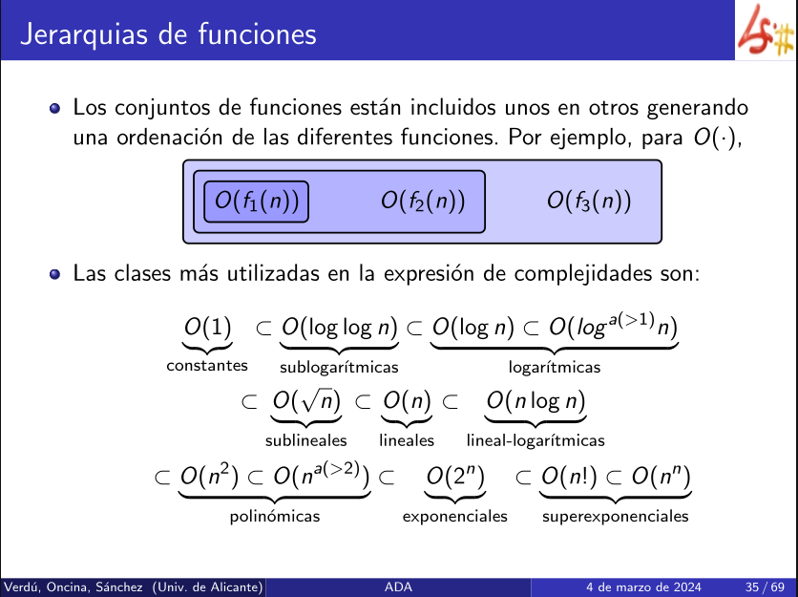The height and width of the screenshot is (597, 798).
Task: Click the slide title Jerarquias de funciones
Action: click(x=168, y=35)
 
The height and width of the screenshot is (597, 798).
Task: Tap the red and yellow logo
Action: click(x=766, y=31)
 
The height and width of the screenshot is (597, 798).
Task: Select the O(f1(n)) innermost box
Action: click(x=256, y=202)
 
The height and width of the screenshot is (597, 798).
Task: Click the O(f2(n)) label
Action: click(x=423, y=201)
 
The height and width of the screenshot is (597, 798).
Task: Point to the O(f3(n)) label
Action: click(x=589, y=201)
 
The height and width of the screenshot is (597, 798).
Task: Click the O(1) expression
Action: click(x=208, y=327)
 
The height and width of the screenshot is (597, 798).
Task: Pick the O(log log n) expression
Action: click(x=340, y=328)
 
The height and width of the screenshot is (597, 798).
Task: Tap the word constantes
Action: click(x=207, y=365)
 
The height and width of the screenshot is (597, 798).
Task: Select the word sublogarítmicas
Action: click(x=339, y=367)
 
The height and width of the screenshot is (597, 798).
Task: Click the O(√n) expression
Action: click(x=306, y=401)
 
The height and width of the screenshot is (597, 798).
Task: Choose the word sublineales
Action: click(x=305, y=440)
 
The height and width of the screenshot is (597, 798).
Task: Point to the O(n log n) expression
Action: click(x=535, y=401)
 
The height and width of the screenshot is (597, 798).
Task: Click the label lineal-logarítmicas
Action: click(x=535, y=440)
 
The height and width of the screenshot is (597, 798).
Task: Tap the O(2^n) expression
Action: click(x=455, y=477)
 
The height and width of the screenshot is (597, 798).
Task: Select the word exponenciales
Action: click(x=455, y=517)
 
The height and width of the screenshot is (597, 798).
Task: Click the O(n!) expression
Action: click(x=569, y=477)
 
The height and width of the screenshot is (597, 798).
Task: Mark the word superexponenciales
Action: click(x=616, y=517)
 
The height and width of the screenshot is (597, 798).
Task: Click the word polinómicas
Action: click(x=275, y=517)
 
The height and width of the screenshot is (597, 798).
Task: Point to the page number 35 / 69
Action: click(x=764, y=587)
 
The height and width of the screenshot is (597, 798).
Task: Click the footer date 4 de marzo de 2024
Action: click(x=643, y=587)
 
